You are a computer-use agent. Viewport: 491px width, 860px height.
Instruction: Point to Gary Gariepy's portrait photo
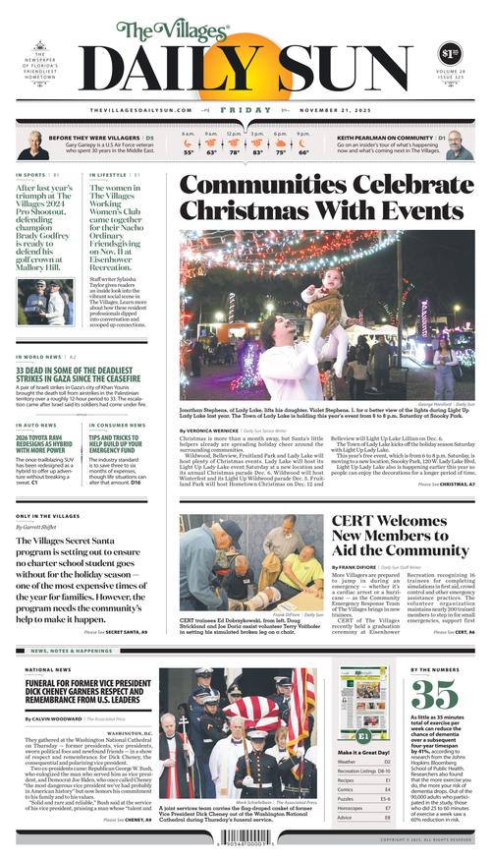pos(32,145)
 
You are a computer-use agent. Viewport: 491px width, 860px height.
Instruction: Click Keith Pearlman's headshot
pos(458,145)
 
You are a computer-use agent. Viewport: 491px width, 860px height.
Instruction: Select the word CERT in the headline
pos(357,522)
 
